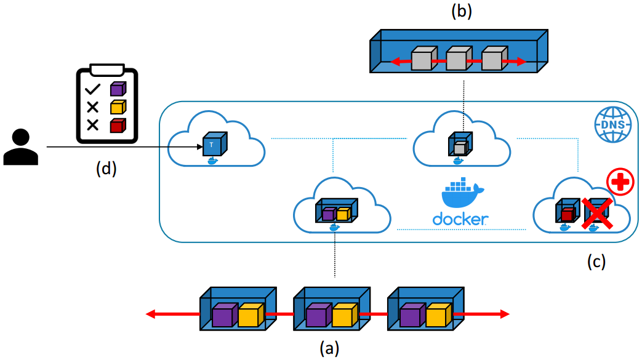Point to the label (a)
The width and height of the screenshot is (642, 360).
tap(329, 348)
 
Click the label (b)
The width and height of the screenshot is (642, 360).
tap(461, 11)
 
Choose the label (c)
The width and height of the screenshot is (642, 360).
tap(595, 262)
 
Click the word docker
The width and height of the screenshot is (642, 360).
tap(460, 219)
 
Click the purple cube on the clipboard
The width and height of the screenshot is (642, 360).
tap(117, 89)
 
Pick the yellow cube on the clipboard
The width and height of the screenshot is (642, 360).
tap(117, 107)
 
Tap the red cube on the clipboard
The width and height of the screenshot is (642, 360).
tap(117, 125)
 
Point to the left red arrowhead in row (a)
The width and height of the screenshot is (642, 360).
tap(150, 314)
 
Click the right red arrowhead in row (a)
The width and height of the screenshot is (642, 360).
tap(505, 314)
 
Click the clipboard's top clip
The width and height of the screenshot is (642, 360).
tap(106, 69)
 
